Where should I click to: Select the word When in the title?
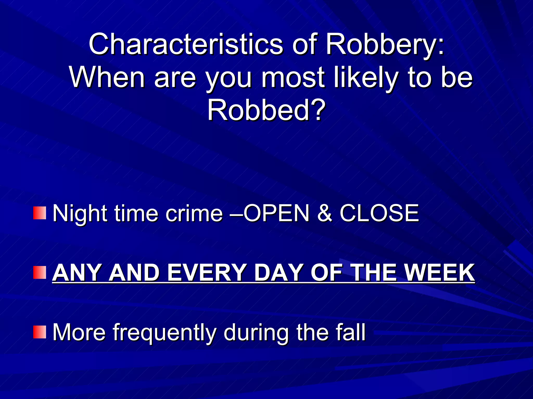tap(107, 77)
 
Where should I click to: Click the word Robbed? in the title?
tap(266, 111)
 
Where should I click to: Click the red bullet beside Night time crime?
tap(40, 213)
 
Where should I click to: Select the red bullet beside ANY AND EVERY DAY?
tap(40, 272)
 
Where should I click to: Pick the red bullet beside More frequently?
tap(40, 332)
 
